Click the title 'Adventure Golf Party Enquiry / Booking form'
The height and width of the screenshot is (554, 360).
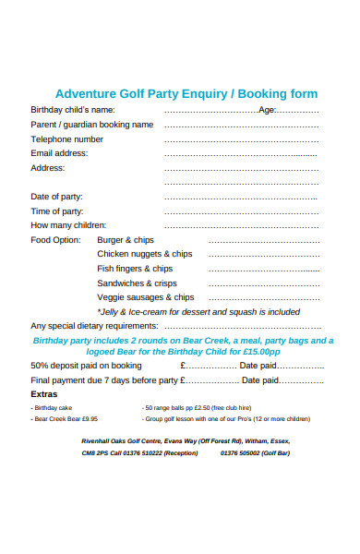(x=186, y=93)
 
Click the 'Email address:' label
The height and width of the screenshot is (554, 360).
(x=60, y=153)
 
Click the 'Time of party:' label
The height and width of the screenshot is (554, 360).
(x=58, y=211)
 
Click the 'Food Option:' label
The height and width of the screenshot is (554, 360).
(x=56, y=240)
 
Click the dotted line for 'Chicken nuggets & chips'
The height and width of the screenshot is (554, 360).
(x=264, y=255)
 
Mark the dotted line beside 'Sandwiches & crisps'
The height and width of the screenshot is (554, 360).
(x=264, y=284)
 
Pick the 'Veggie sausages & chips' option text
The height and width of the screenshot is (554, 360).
(x=146, y=297)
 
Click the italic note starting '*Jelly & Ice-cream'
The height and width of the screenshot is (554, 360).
(x=198, y=312)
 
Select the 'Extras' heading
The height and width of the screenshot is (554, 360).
(x=44, y=394)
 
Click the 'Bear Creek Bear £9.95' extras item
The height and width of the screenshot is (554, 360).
(x=66, y=418)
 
